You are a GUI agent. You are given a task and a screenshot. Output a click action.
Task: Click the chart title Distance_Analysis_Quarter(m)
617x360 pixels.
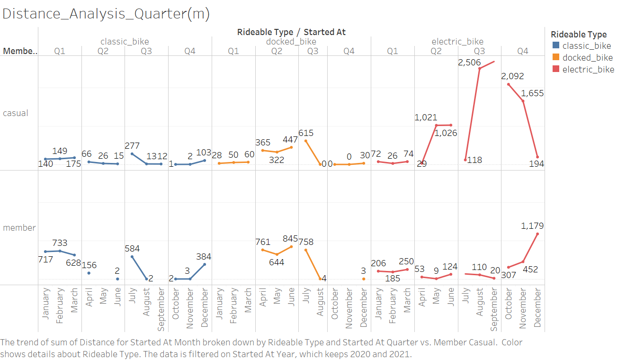[x=106, y=14]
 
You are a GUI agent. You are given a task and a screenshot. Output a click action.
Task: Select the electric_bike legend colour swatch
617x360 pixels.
[x=556, y=69]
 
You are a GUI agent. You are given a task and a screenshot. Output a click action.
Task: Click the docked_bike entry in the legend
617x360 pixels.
[x=587, y=57]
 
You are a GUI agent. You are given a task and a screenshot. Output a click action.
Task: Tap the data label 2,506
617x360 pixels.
[x=469, y=63]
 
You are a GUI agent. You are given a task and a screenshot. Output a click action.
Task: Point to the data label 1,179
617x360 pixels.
[x=532, y=226]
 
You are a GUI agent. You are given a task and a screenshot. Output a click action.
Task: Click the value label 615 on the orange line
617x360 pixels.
[x=305, y=133]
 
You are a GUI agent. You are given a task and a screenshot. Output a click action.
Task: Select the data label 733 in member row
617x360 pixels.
[x=60, y=243]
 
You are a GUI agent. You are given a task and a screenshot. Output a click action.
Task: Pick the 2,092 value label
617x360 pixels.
[x=512, y=76]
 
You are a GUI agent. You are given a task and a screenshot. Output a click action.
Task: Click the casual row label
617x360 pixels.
[x=16, y=113]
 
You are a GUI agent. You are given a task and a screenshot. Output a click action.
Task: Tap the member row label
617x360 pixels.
[x=19, y=227]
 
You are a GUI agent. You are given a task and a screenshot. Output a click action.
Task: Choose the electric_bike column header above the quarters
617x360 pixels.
[x=457, y=41]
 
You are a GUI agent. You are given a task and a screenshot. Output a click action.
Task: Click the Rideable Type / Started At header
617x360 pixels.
[x=291, y=32]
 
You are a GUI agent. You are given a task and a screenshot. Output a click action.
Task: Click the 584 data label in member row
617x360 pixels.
[x=132, y=248]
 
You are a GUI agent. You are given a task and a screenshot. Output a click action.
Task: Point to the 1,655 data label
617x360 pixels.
[x=532, y=93]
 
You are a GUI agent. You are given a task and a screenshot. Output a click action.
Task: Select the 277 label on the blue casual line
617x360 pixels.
[x=132, y=146]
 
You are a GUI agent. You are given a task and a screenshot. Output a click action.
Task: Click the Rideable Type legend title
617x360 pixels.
[x=579, y=34]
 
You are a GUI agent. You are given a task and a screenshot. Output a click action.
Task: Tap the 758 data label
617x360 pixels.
[x=305, y=242]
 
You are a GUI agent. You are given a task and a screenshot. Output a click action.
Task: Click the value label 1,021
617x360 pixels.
[x=426, y=117]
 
